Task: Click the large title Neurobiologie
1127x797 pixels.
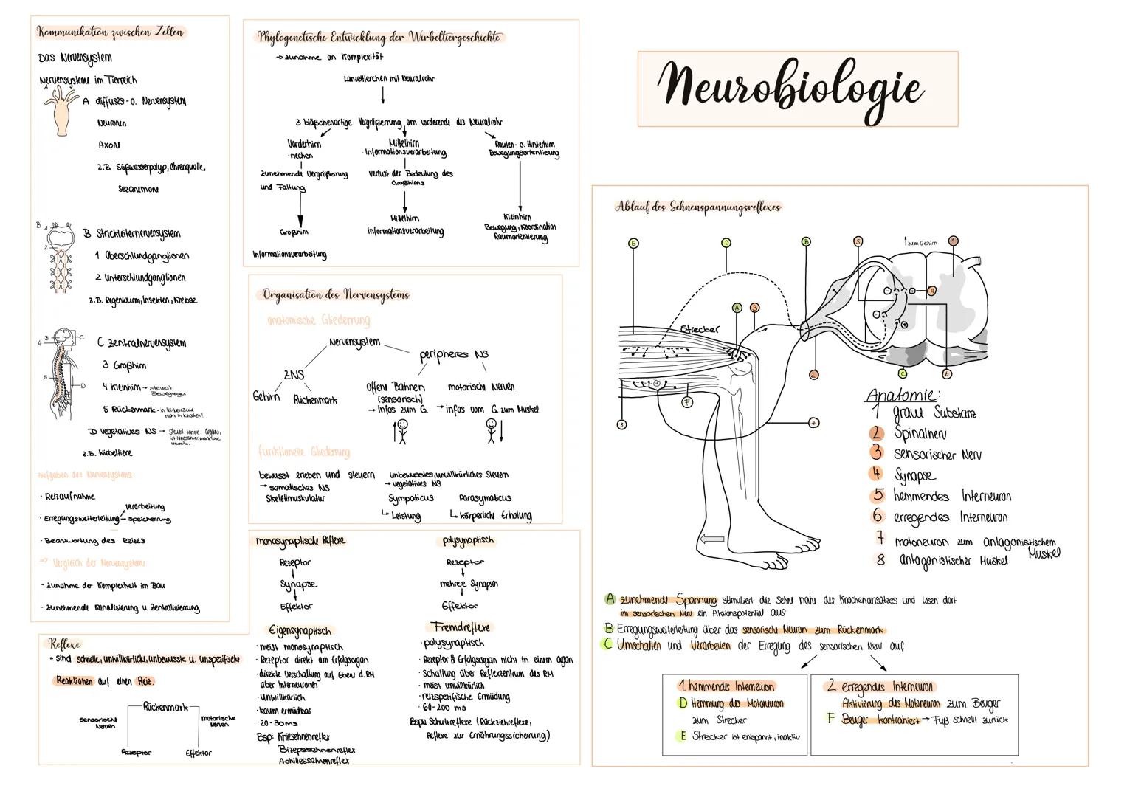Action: (790, 87)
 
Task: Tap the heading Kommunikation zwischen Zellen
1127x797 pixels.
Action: (111, 32)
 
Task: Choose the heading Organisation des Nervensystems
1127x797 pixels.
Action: (336, 294)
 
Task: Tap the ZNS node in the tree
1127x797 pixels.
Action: (293, 375)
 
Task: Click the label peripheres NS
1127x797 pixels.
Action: (454, 354)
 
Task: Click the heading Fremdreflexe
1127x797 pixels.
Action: (461, 627)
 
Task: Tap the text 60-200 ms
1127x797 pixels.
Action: (442, 707)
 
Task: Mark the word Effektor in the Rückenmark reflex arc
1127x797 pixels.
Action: (199, 753)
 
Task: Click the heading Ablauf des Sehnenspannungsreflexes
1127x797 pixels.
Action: (697, 207)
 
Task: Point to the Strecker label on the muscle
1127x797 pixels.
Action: (699, 329)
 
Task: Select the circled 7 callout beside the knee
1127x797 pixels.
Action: (813, 423)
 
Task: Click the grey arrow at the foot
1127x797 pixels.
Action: (712, 540)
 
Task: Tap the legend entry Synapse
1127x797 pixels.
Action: (914, 475)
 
